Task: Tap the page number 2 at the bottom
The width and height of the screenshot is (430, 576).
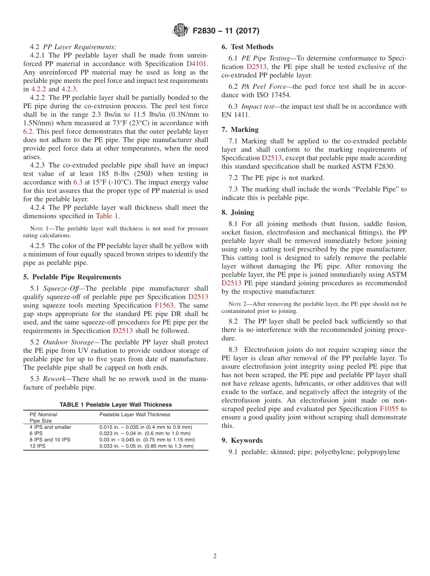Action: coord(215,556)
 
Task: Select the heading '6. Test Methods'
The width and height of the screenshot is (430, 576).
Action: coord(248,47)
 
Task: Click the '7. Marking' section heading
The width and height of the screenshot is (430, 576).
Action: coord(240,130)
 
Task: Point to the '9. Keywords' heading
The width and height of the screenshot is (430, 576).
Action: coord(242,440)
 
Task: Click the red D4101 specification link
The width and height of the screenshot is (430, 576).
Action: coord(197,64)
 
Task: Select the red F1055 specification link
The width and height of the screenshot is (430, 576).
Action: coord(389,408)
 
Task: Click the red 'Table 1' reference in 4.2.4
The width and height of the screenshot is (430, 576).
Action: coord(107,216)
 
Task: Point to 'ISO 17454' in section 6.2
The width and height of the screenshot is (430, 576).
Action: coord(276,95)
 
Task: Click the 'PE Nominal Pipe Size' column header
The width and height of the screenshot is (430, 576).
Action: coord(43,418)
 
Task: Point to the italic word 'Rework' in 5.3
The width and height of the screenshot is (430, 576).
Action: coord(54,379)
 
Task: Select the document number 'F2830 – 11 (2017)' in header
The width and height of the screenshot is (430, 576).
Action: coord(226,31)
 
